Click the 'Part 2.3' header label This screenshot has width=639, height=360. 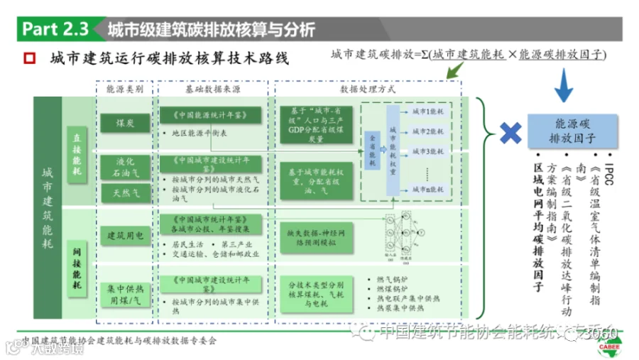[x=55, y=29]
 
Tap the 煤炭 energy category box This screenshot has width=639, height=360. [x=126, y=122]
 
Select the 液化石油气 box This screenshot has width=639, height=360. [x=126, y=166]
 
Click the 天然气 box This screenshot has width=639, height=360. [x=126, y=192]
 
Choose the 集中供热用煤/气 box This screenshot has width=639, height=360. [x=126, y=294]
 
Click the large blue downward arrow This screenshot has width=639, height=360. [x=565, y=84]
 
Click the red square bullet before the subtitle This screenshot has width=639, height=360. [x=29, y=58]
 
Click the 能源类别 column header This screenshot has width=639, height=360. [x=125, y=90]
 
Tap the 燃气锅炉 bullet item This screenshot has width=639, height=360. [x=391, y=278]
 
